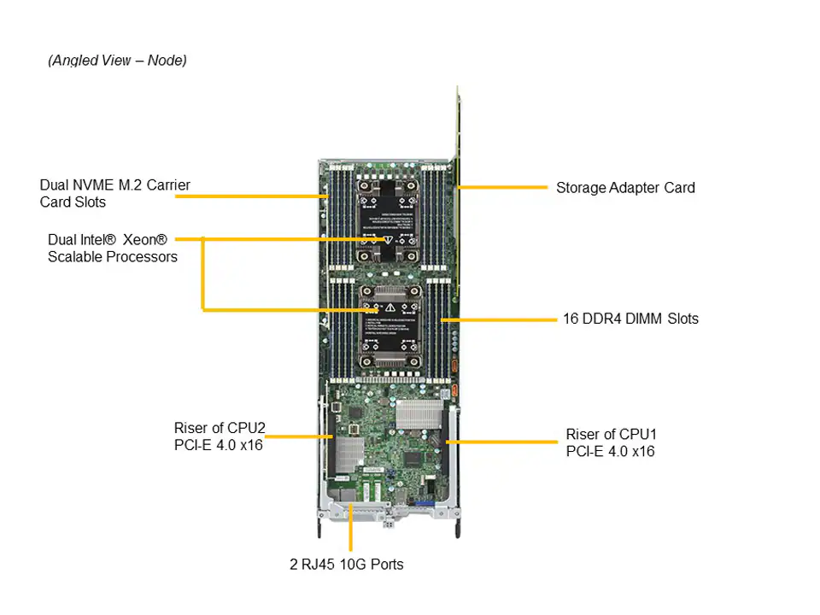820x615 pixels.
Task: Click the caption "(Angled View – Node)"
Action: [117, 61]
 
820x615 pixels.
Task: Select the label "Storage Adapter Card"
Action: [625, 187]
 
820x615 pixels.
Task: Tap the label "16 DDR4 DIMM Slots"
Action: [630, 319]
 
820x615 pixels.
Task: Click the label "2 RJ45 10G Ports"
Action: [346, 565]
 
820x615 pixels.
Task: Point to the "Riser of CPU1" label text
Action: [610, 442]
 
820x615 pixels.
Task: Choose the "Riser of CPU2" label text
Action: [218, 436]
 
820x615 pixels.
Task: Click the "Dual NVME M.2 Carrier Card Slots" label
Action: [114, 193]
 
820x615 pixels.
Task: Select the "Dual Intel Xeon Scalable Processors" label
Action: [113, 248]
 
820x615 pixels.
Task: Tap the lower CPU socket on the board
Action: [389, 325]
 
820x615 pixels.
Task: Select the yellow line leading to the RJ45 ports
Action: [350, 530]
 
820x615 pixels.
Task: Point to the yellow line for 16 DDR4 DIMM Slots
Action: [499, 319]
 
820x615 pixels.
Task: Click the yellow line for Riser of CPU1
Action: [504, 442]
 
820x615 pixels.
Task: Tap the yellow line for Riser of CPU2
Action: [299, 436]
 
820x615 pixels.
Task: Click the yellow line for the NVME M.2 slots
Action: [251, 196]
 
